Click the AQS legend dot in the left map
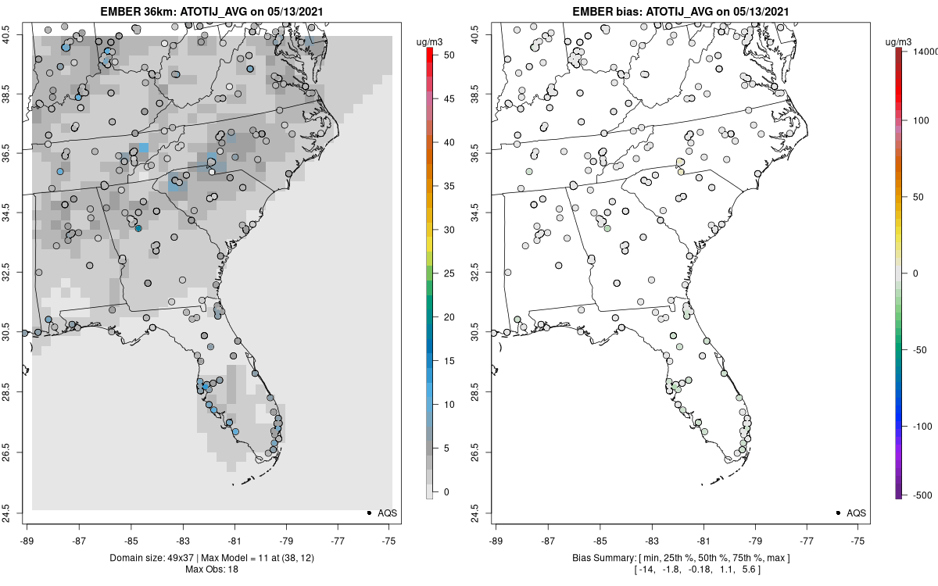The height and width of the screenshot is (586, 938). coord(369,513)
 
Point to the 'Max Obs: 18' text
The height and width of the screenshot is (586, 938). coord(211,569)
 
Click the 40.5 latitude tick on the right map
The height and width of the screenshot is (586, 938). coord(482,34)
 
